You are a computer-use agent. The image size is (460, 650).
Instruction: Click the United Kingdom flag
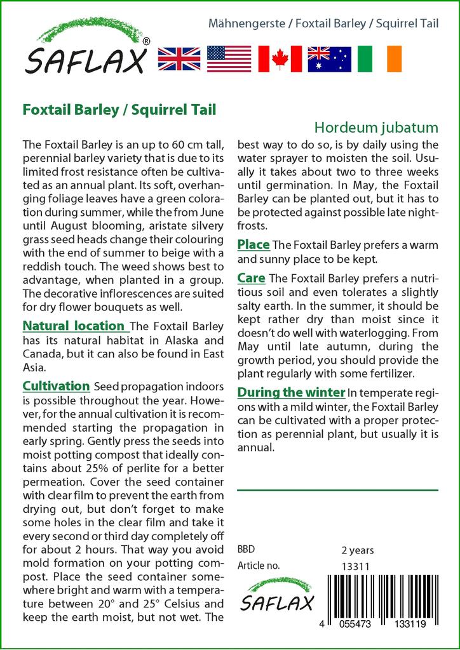pyautogui.click(x=179, y=58)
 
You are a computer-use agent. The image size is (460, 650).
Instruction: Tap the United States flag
pyautogui.click(x=229, y=58)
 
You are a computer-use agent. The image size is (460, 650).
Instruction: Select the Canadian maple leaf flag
pyautogui.click(x=280, y=58)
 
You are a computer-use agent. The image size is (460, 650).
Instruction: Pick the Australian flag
pyautogui.click(x=329, y=58)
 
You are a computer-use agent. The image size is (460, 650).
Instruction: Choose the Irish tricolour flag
pyautogui.click(x=379, y=58)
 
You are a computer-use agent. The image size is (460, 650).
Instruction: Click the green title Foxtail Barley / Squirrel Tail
pyautogui.click(x=119, y=109)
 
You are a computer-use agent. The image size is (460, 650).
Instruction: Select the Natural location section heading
pyautogui.click(x=74, y=326)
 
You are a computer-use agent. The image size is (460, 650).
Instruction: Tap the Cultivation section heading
pyautogui.click(x=56, y=386)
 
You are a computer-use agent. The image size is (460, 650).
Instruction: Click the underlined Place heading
pyautogui.click(x=254, y=244)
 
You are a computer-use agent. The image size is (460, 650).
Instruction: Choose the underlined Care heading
pyautogui.click(x=252, y=278)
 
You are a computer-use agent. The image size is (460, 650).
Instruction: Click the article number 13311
pyautogui.click(x=356, y=566)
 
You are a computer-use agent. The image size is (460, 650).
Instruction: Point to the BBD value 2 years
pyautogui.click(x=358, y=550)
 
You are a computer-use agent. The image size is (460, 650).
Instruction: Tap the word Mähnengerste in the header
pyautogui.click(x=247, y=24)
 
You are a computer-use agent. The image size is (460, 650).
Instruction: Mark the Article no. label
pyautogui.click(x=257, y=566)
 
